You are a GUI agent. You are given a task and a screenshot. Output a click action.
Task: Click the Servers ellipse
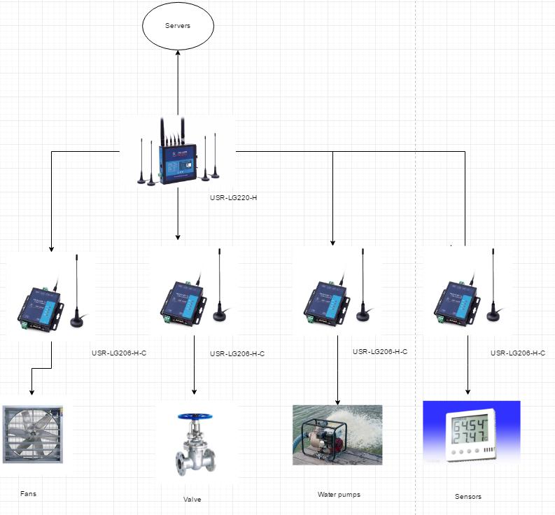click(x=178, y=27)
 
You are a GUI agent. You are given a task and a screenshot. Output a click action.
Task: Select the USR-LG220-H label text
click(x=233, y=198)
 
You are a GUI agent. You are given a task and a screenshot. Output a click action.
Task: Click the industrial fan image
click(x=34, y=434)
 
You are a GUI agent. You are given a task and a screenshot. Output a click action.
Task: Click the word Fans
click(x=28, y=494)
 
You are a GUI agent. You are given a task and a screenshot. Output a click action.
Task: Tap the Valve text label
click(x=192, y=499)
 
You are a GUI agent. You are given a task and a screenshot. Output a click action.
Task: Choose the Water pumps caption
click(x=339, y=495)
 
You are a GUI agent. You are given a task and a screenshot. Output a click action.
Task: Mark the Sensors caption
click(x=468, y=497)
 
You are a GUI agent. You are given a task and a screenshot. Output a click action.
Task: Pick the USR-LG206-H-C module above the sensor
click(x=457, y=302)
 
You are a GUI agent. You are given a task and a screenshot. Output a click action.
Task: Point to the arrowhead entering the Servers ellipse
click(x=178, y=54)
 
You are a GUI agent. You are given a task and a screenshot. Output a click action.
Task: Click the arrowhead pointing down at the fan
click(x=31, y=392)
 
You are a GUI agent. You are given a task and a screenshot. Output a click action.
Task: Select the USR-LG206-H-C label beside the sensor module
click(x=517, y=353)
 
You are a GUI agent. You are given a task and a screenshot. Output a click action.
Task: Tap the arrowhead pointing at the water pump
click(x=337, y=402)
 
